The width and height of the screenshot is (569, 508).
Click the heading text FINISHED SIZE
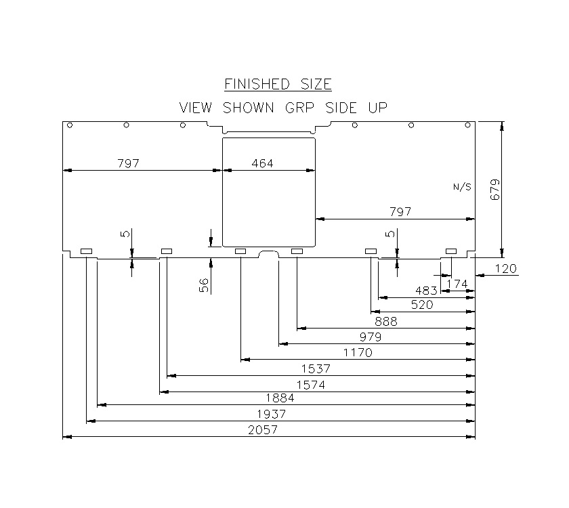point(278,85)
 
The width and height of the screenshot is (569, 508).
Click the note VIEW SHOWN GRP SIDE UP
point(282,108)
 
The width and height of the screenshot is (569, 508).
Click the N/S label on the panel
point(462,187)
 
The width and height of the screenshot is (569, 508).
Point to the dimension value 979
point(371,337)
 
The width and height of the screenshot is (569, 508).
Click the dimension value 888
point(385,321)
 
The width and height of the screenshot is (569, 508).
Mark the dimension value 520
point(421,305)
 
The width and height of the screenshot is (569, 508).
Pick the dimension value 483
point(426,291)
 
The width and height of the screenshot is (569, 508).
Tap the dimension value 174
point(457,284)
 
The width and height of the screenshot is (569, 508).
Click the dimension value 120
point(505,269)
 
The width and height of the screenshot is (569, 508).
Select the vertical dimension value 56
point(203,285)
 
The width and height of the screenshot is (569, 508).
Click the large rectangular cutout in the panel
point(270,203)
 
